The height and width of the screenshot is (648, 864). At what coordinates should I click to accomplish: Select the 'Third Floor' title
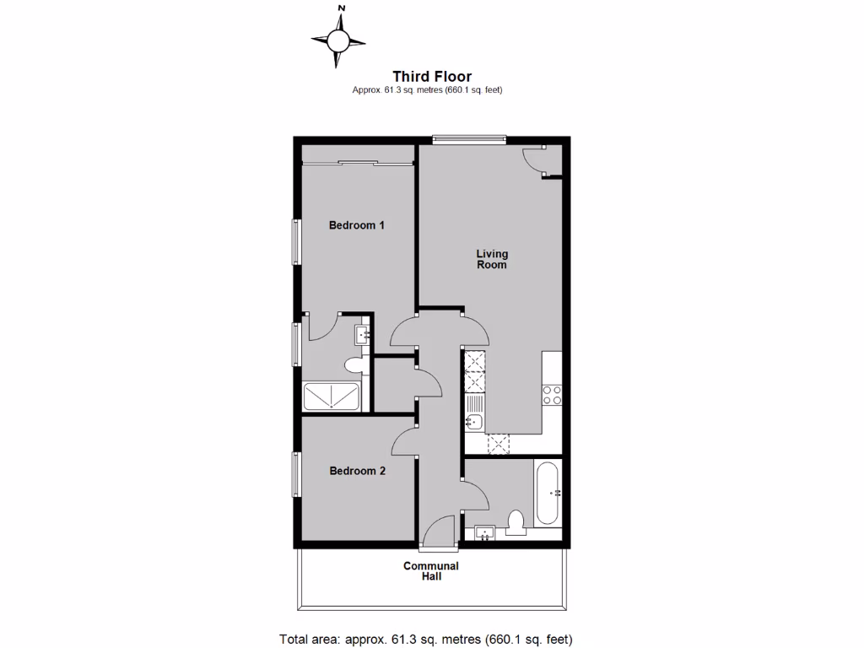click(x=431, y=77)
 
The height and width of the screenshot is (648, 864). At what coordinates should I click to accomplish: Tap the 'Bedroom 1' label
click(x=357, y=225)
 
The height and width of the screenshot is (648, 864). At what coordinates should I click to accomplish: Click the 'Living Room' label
click(x=492, y=259)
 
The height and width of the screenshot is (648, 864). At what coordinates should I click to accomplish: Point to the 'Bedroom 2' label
click(x=357, y=471)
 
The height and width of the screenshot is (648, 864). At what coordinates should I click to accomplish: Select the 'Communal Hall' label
click(x=431, y=571)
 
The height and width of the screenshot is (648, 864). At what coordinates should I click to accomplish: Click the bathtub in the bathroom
click(x=547, y=493)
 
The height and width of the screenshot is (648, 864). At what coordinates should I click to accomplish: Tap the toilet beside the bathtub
click(x=516, y=522)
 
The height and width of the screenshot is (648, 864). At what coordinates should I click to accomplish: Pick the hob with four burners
click(x=552, y=395)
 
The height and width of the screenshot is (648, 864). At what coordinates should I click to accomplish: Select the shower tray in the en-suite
click(x=331, y=397)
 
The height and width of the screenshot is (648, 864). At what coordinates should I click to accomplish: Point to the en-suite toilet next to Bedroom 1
click(x=354, y=366)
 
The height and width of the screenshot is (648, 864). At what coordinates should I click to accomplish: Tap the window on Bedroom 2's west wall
click(x=296, y=474)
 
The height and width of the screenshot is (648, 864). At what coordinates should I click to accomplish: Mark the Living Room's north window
click(x=469, y=140)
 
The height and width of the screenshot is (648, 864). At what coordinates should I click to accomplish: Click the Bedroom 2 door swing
click(x=406, y=441)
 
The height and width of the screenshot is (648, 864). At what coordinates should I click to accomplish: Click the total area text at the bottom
click(x=431, y=639)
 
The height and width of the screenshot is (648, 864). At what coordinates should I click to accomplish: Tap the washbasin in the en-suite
click(x=364, y=335)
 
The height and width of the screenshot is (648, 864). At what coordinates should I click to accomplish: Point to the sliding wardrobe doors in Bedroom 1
click(x=358, y=163)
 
